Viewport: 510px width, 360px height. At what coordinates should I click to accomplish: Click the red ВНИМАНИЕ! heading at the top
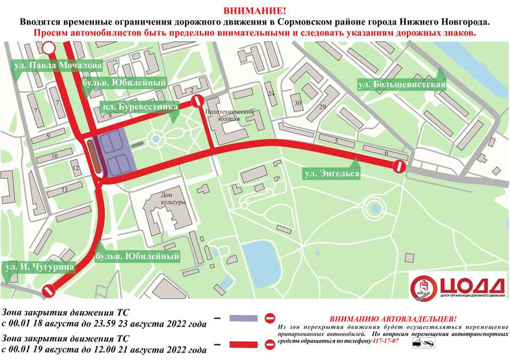254,11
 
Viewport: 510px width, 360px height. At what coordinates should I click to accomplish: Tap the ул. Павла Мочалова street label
57,66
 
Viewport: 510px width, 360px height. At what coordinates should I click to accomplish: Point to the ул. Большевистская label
401,85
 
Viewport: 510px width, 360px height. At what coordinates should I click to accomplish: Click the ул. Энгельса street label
330,173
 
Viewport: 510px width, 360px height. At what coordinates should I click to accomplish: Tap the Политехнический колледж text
230,116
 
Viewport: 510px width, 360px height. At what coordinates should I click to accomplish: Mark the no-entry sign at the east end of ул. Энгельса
399,166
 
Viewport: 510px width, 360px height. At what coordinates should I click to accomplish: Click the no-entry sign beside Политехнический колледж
197,101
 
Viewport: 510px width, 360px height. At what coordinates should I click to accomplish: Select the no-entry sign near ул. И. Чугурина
50,292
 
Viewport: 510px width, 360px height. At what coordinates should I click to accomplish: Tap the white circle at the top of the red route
48,49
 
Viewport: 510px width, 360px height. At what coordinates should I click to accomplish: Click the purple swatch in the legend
244,318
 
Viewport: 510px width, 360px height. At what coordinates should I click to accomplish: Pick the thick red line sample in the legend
244,346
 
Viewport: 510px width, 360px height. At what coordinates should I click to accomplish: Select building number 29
322,107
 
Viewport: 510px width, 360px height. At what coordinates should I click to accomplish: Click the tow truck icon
422,345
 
